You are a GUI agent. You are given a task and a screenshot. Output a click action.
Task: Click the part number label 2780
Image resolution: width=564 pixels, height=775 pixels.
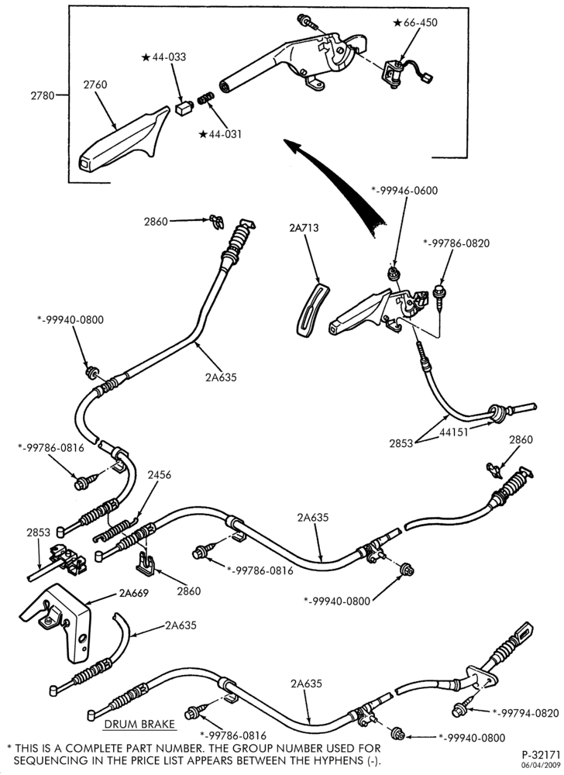pos(43,95)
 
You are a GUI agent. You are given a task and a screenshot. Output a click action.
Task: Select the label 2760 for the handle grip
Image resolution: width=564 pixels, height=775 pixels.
pos(95,84)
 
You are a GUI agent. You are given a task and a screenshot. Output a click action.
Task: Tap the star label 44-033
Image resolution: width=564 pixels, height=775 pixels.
pos(163,57)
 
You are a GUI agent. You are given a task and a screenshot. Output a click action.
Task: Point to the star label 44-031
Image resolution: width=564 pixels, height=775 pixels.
pos(220,134)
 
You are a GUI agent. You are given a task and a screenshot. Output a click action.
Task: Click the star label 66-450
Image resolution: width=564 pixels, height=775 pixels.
pos(415,22)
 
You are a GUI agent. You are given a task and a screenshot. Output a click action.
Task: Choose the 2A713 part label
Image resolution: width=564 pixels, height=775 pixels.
pos(304,228)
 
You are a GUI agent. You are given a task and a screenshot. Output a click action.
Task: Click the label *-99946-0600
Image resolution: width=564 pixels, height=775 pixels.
pos(404,191)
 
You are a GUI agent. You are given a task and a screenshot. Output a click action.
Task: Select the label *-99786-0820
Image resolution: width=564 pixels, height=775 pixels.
pos(456,243)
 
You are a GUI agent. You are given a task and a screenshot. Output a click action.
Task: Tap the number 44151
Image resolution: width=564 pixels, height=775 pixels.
pos(454,432)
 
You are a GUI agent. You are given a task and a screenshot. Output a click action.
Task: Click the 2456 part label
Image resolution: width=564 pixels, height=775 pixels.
pos(159,475)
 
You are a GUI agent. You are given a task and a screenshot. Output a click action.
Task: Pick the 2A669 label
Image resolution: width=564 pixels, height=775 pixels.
pos(134,593)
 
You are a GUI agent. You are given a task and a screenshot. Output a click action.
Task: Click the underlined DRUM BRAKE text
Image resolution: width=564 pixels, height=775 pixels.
pos(139,724)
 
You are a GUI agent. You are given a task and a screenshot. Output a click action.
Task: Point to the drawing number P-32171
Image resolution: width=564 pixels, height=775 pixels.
pos(542,755)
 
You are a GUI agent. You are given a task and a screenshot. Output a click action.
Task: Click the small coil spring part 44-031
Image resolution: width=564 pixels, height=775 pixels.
pos(205,98)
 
